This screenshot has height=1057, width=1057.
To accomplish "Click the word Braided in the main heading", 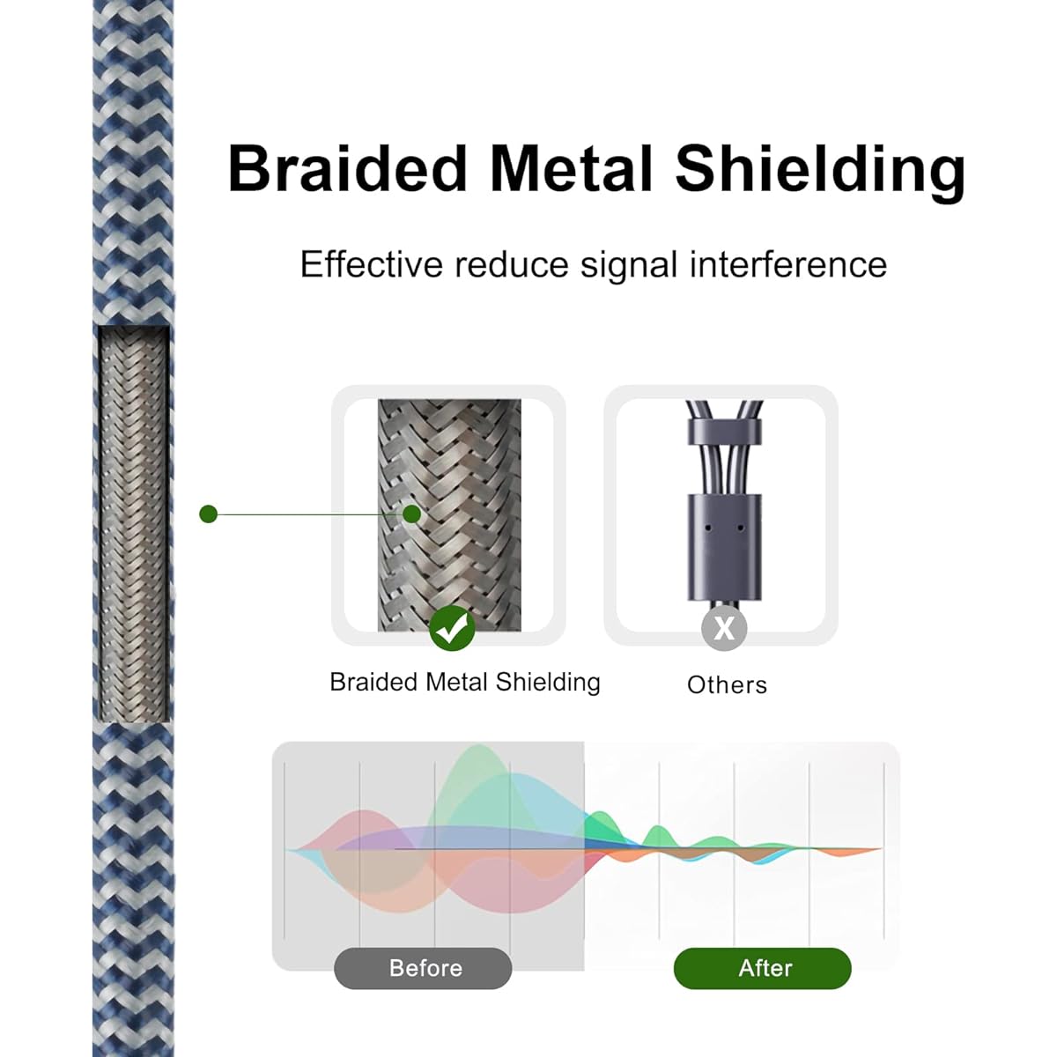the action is (x=347, y=168).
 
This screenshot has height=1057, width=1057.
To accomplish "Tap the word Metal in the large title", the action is (x=571, y=168).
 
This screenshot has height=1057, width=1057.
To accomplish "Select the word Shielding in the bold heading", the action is (x=819, y=173).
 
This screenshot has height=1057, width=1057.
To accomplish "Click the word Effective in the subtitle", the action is (x=372, y=264).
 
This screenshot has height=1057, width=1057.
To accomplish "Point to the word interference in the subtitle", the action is (x=788, y=264).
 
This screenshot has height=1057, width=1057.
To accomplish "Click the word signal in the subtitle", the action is (x=629, y=267).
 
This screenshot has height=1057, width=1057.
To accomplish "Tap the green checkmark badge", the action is (x=452, y=628).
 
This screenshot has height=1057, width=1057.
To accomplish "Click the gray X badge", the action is (x=724, y=628).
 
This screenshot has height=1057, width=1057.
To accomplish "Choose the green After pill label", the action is (x=763, y=968).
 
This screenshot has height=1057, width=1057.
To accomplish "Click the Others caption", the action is (x=727, y=685).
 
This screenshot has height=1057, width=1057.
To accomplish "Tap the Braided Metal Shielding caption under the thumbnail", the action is (x=465, y=683).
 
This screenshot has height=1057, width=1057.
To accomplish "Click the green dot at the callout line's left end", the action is (x=209, y=514).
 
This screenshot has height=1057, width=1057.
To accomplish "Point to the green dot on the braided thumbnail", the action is (x=412, y=514).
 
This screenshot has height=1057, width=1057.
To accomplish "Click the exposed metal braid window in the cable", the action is (x=134, y=524).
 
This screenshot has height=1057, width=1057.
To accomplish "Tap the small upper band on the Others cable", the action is (x=724, y=432).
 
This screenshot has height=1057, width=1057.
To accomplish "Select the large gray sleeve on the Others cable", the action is (x=725, y=547).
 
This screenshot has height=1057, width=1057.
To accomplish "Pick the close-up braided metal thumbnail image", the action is (x=449, y=515).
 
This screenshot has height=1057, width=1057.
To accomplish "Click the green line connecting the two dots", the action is (x=310, y=514).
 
